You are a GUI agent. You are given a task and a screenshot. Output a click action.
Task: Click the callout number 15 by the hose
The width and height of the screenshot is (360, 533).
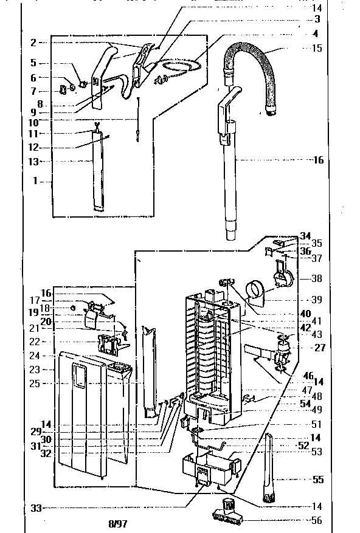(317, 48)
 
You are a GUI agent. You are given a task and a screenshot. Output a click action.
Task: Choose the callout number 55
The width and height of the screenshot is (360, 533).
(317, 480)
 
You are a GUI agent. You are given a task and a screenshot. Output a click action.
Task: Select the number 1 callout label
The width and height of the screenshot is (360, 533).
(34, 181)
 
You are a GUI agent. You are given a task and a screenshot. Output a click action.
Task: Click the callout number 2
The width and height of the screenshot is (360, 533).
(34, 43)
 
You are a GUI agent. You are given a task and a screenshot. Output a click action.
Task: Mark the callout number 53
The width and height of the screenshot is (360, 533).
(317, 452)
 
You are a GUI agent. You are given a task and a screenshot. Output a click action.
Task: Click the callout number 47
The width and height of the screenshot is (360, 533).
(308, 390)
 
